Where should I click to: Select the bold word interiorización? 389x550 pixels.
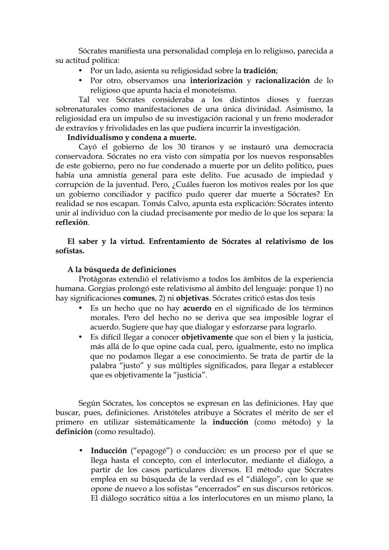coord(216,80)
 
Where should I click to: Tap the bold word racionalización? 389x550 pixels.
coord(282,80)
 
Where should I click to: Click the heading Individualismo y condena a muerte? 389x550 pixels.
coord(132,137)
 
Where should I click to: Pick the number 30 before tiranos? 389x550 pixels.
coord(182,147)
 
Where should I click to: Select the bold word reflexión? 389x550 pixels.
coord(72,222)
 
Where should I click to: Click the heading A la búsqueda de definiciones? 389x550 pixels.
coord(122,270)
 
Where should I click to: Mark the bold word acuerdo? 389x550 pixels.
coord(197,308)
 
